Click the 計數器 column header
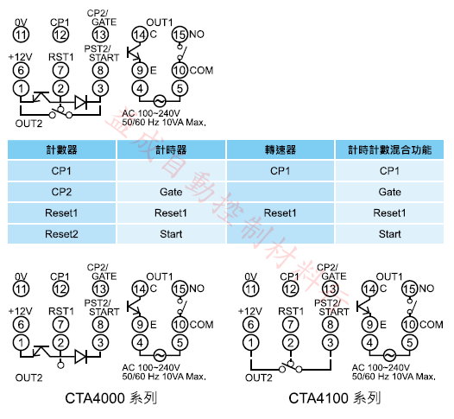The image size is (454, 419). click(x=61, y=149)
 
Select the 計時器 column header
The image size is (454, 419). click(x=171, y=149)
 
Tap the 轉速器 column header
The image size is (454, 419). click(x=281, y=149)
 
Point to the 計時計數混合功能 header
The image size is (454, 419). click(x=390, y=149)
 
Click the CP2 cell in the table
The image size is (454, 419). click(x=61, y=192)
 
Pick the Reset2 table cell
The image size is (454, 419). click(x=61, y=234)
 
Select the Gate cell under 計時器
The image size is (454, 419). click(x=171, y=192)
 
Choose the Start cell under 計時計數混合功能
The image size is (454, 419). click(x=390, y=234)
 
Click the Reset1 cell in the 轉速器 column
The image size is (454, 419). click(x=281, y=213)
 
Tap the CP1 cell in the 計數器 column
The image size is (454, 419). click(x=61, y=171)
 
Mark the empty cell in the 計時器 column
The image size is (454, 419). click(x=171, y=171)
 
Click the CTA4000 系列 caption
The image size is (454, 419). click(x=110, y=398)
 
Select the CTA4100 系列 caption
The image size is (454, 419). click(x=334, y=398)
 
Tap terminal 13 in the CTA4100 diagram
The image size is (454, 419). click(x=330, y=289)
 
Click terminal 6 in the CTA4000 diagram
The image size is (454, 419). click(x=21, y=325)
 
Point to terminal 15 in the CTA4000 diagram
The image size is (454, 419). click(x=180, y=289)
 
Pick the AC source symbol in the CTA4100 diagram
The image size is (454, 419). click(x=389, y=356)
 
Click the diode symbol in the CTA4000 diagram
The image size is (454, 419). click(x=81, y=357)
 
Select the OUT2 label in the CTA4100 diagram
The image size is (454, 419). click(x=259, y=378)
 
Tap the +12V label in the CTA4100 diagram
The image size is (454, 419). click(x=250, y=311)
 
